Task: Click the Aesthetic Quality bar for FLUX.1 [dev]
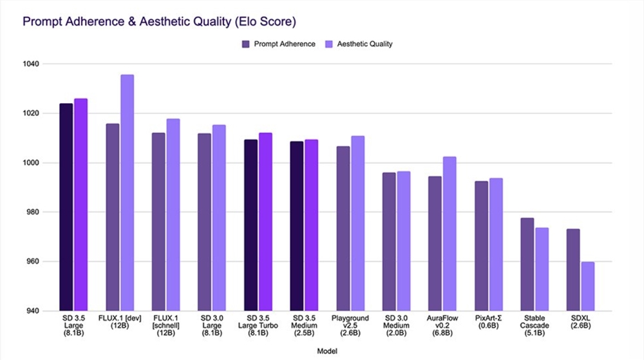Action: point(128,193)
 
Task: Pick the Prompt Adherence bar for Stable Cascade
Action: point(527,265)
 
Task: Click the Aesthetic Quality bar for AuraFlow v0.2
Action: point(450,234)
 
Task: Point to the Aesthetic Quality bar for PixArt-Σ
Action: point(496,245)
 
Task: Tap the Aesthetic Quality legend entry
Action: point(359,44)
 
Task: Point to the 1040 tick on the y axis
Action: point(32,64)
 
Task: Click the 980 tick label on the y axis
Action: point(33,213)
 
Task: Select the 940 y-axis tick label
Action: point(33,311)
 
